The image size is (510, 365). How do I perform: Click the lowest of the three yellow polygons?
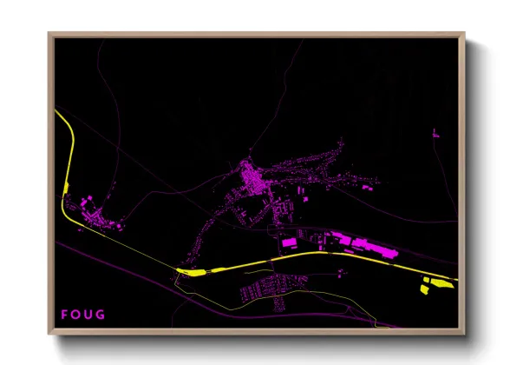click(x=424, y=290)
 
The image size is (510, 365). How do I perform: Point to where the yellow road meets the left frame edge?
click(x=56, y=111)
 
